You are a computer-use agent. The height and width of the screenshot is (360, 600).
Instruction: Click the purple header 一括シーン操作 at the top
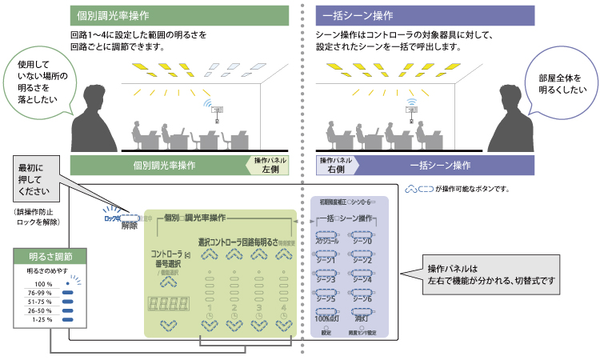click(x=426, y=15)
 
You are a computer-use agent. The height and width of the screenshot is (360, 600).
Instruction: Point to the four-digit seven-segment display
click(x=168, y=305)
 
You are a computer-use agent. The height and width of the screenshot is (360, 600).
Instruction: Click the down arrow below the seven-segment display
click(x=168, y=326)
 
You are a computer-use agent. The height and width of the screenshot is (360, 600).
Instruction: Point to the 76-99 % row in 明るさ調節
click(x=50, y=293)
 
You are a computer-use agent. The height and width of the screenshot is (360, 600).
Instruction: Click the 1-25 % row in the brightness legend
click(x=50, y=319)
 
